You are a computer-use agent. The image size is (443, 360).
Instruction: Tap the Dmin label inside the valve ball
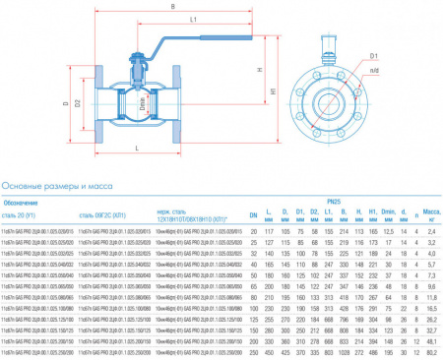[x=141, y=101]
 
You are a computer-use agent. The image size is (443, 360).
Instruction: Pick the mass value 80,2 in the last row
[x=430, y=350]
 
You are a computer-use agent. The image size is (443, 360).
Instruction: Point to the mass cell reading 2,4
[x=430, y=229]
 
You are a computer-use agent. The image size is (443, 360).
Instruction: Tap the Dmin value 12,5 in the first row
[x=389, y=229]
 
